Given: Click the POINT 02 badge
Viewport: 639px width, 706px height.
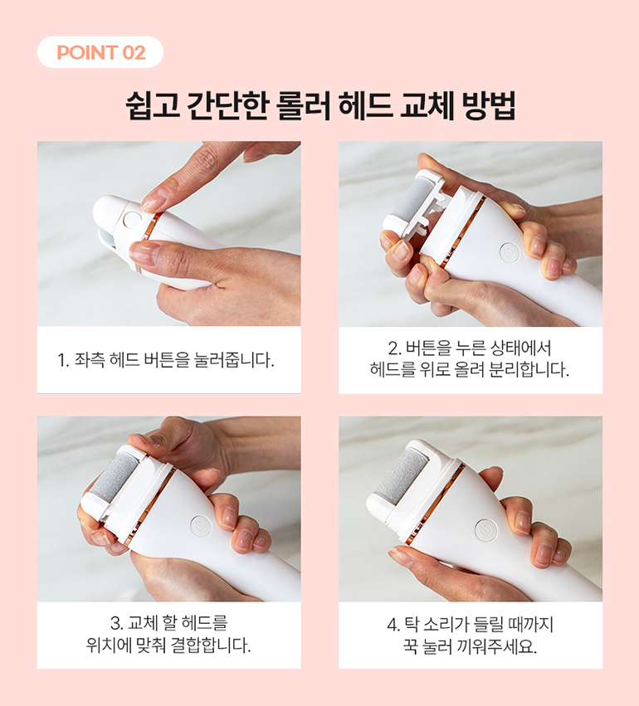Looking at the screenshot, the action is (x=100, y=52).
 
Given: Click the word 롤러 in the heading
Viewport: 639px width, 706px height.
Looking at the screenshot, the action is (x=302, y=106).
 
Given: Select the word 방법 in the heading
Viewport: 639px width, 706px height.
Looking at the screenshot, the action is (x=489, y=106).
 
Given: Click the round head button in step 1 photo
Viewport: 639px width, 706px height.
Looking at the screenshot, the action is (x=132, y=220).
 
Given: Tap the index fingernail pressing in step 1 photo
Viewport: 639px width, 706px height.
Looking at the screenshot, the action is (x=154, y=202).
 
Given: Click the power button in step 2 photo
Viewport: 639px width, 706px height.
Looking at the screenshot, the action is (x=510, y=252).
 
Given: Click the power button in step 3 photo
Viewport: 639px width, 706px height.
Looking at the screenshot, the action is (x=201, y=526).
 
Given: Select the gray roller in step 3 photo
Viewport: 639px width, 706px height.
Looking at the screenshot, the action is (x=120, y=476).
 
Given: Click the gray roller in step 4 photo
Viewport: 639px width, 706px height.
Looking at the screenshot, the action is (x=402, y=473).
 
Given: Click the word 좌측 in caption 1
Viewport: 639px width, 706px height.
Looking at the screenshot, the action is (x=89, y=360).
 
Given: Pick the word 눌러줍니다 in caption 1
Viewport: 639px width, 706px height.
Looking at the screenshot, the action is (x=234, y=360).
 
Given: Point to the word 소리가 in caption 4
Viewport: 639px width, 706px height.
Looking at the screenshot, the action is (x=443, y=625).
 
